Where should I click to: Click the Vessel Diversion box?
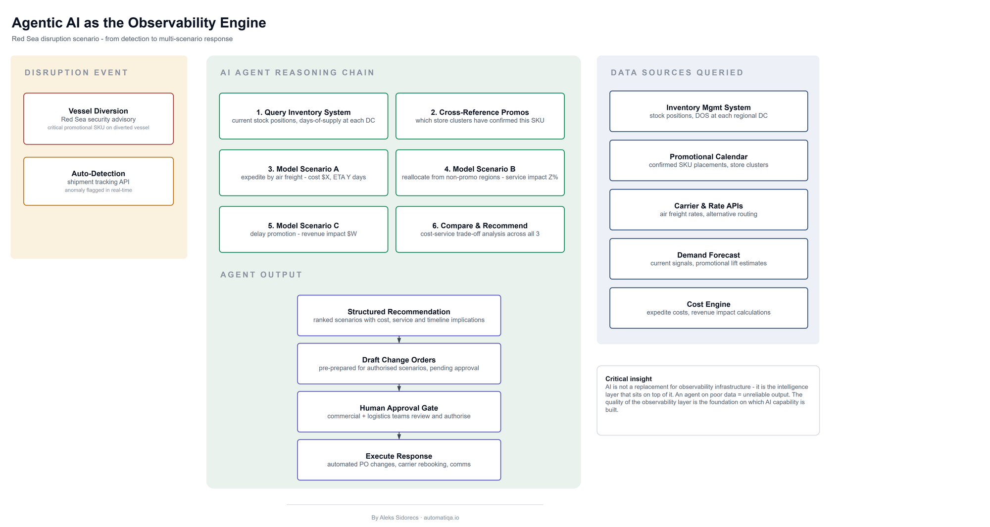99,119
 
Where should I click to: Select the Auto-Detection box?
99,181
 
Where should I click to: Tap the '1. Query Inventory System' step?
303,116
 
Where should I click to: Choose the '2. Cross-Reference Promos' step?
480,116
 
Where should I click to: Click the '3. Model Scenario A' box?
303,173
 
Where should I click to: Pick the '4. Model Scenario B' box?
480,173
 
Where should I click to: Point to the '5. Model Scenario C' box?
303,229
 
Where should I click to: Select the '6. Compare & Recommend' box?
480,229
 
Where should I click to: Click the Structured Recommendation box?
399,316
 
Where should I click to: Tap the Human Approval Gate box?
399,412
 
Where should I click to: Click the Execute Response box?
399,460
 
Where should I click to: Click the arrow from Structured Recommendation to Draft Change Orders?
399,339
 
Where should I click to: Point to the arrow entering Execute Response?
399,436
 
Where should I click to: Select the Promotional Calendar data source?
709,160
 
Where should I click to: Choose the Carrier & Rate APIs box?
709,209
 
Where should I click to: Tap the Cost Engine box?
709,308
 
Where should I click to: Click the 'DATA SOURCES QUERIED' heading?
677,73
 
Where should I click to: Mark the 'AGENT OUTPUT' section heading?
261,275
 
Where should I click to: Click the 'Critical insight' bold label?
629,379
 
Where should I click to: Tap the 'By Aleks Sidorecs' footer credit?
395,518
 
